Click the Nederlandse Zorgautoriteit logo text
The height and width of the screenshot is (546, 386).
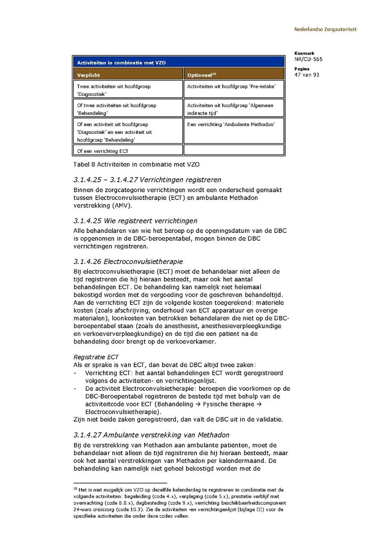coord(325,30)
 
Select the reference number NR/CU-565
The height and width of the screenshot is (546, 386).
coord(308,60)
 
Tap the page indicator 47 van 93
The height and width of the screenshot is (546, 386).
coord(307,75)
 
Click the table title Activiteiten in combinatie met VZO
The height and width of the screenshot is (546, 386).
coord(121,63)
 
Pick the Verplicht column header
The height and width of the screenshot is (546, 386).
coord(89,75)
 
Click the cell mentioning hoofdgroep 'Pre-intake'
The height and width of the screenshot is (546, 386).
coord(232,86)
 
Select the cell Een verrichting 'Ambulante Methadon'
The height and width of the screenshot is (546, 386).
coord(231,124)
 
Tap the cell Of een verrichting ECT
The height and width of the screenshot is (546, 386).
coord(103,151)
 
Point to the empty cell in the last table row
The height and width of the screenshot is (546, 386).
coord(234,150)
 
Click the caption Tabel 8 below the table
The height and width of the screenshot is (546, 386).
coord(136,164)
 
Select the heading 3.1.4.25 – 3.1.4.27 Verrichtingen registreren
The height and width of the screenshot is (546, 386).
coord(148,180)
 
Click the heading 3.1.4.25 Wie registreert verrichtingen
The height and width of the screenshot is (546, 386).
coord(136,221)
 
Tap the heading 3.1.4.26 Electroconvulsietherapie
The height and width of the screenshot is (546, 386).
coord(128,261)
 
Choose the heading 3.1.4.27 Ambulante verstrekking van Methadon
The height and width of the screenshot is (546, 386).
coord(151,435)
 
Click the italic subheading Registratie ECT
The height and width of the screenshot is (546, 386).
coord(96,357)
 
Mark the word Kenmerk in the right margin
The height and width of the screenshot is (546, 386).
coord(304,54)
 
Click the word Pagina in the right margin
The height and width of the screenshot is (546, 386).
coord(302,69)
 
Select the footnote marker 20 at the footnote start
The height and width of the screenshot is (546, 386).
coord(75,489)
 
